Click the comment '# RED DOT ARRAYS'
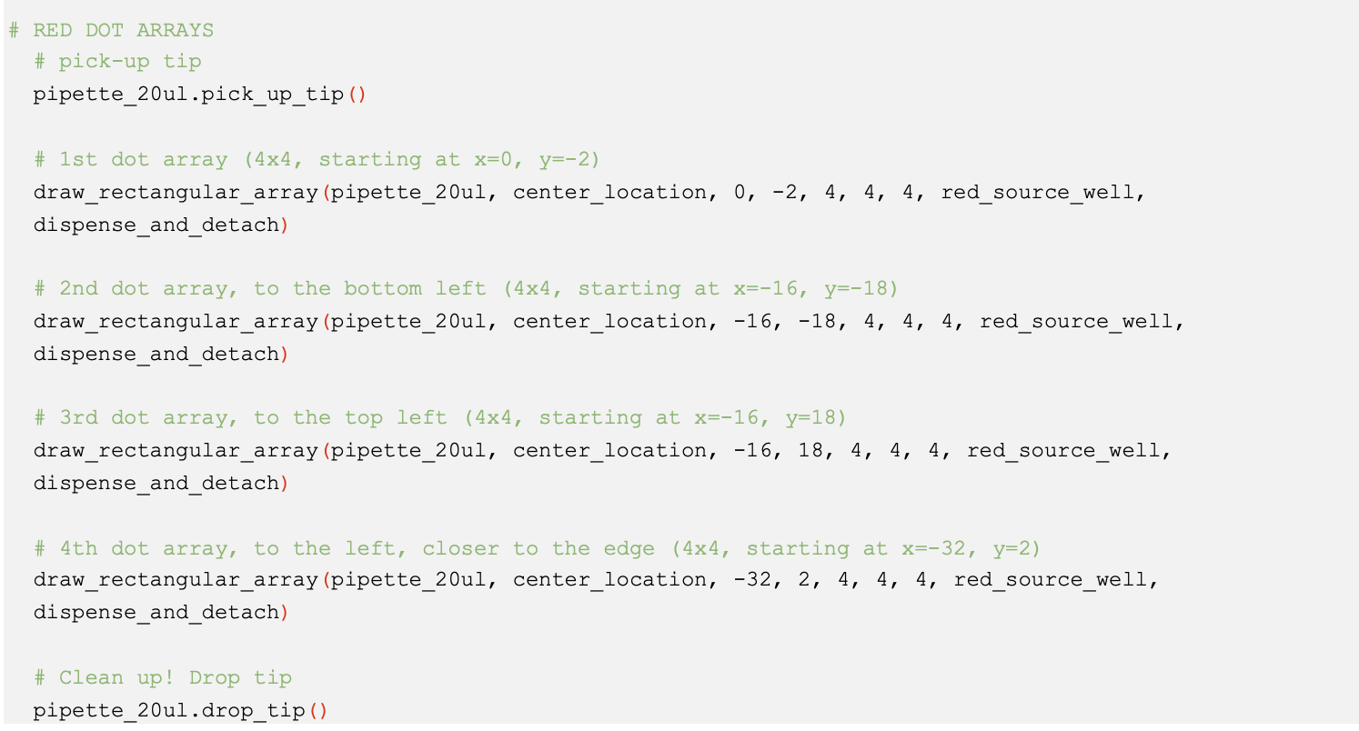(x=111, y=30)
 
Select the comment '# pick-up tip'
(x=117, y=62)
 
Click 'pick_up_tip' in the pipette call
(x=272, y=95)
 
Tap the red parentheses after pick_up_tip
(x=357, y=95)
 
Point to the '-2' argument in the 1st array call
(x=786, y=193)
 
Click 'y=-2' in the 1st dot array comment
(x=569, y=159)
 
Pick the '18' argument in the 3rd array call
(x=810, y=451)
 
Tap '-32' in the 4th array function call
(x=753, y=580)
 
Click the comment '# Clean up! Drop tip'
(x=163, y=677)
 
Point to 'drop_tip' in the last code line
(x=253, y=710)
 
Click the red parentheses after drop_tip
(x=318, y=710)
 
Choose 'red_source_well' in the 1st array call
(x=1037, y=193)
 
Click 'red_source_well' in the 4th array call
(x=1051, y=581)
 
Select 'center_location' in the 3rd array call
(x=609, y=451)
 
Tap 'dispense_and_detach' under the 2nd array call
(x=156, y=355)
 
